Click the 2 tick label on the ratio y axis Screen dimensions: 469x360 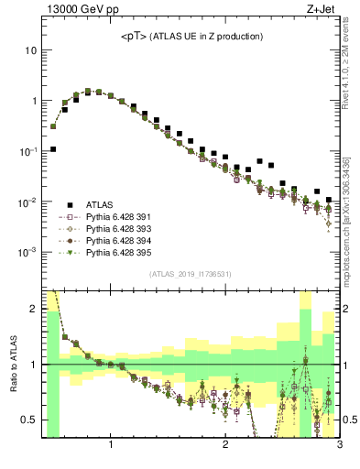33,309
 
